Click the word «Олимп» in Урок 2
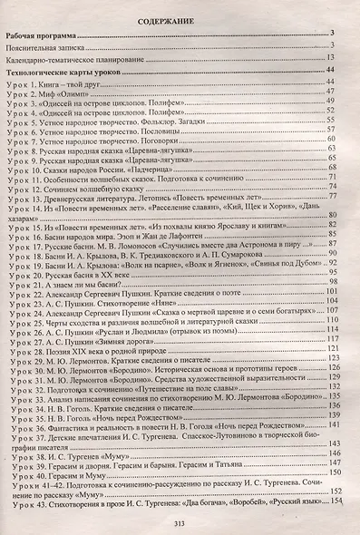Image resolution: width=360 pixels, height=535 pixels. point(81,93)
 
